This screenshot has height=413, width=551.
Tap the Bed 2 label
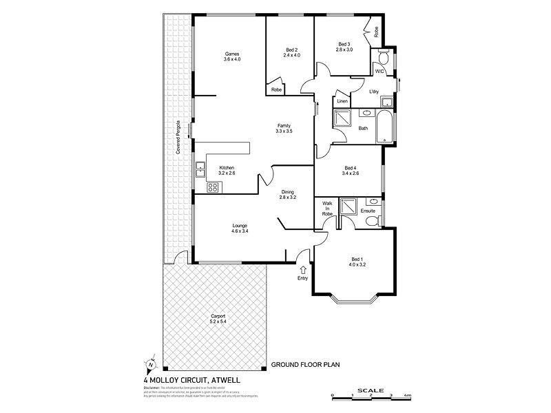coord(292,52)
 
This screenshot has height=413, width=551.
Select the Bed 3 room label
coord(344,47)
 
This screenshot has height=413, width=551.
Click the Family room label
coord(284,128)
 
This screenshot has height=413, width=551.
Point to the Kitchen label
coord(227,171)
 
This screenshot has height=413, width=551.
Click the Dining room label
coord(287,195)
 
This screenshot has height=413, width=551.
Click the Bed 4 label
coord(351,170)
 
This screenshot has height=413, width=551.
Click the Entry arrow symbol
coord(303,269)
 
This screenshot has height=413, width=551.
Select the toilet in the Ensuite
coord(372,220)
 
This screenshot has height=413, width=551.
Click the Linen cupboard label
coord(342,101)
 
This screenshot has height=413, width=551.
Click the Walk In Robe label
coord(327,209)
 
